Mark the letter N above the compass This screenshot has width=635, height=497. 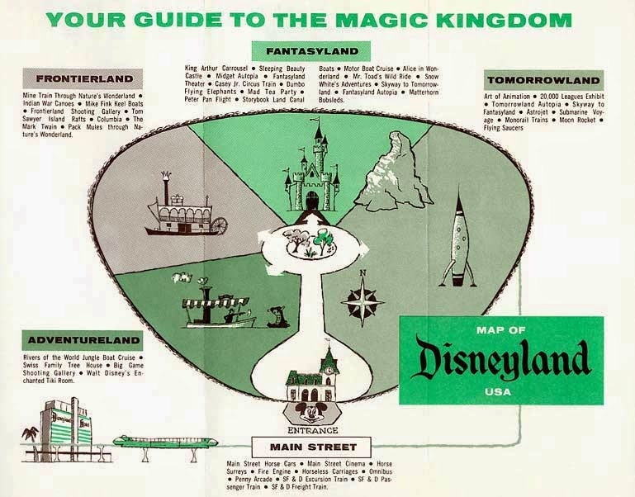click(361, 273)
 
